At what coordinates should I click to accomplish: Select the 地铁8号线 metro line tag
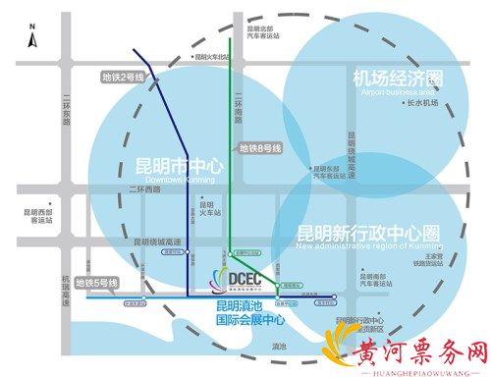[260, 148]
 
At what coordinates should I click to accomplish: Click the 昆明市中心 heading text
[179, 166]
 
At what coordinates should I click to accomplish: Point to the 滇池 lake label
[280, 346]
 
